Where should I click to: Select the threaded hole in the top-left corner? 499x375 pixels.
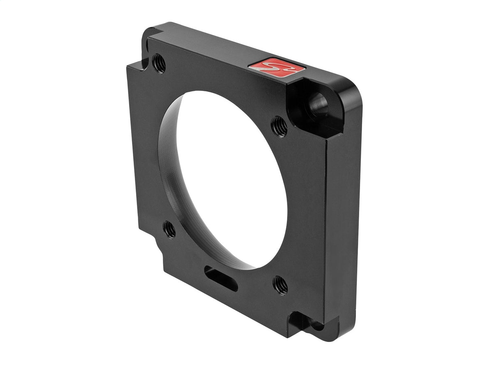(x=159, y=63)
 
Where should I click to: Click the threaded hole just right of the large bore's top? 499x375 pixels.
(x=280, y=126)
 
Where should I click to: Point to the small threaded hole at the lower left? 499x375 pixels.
(x=169, y=229)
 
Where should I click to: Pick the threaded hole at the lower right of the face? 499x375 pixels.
(x=280, y=285)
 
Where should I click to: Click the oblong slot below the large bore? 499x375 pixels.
(x=221, y=279)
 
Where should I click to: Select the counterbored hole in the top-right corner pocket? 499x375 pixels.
(x=319, y=105)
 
